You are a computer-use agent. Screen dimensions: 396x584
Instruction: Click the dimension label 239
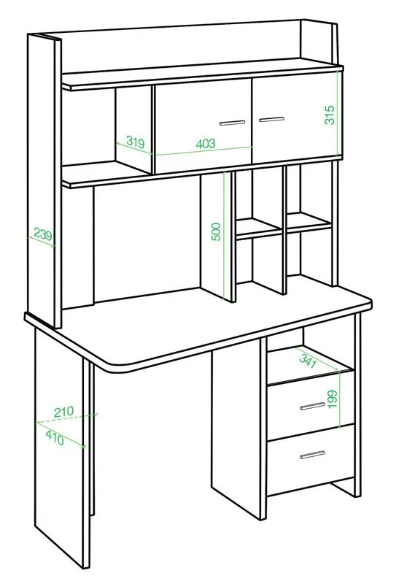[x=43, y=234]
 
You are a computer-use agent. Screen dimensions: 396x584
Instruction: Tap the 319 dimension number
[x=135, y=142]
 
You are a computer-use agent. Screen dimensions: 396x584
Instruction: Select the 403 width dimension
[x=206, y=143]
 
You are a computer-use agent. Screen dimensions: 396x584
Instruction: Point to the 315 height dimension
[x=330, y=115]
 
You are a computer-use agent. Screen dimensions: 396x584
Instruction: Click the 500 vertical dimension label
[x=216, y=231]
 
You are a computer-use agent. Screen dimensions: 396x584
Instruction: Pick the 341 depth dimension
[x=308, y=360]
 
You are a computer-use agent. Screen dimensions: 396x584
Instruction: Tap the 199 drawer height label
[x=333, y=399]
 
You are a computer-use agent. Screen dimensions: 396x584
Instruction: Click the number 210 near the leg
[x=63, y=412]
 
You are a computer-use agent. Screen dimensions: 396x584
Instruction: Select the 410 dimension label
[x=55, y=437]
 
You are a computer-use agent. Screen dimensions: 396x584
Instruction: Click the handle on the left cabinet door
[x=232, y=123]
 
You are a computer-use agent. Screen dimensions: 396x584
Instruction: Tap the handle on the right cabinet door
[x=271, y=119]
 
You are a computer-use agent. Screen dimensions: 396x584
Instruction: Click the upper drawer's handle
[x=312, y=406]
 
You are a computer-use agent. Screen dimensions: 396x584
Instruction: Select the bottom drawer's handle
[x=312, y=454]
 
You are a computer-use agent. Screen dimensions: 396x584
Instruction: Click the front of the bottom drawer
[x=311, y=461]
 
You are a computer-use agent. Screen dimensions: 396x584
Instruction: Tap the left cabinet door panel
[x=203, y=126]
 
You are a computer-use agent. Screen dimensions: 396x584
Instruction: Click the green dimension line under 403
[x=204, y=151]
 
